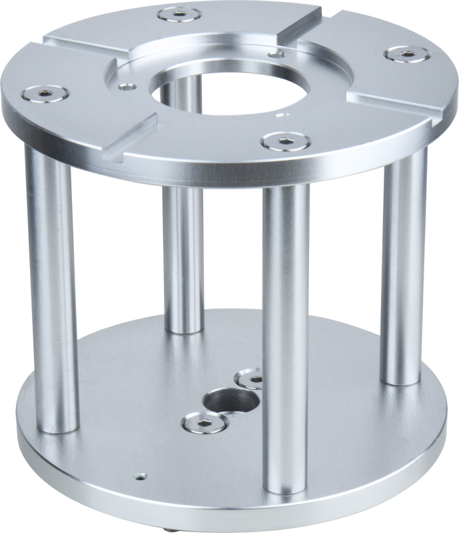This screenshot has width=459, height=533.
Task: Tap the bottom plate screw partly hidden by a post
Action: click(252, 379)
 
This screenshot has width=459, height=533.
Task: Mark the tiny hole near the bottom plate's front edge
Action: click(139, 476)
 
